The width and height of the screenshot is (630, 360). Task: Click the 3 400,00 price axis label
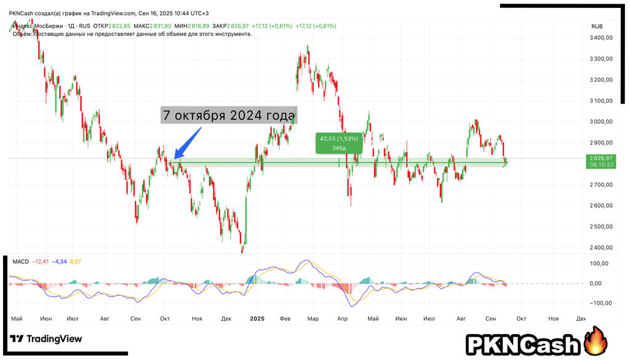pos(600,38)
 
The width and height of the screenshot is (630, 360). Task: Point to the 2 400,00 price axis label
pos(600,247)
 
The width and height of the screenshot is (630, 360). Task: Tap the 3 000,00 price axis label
pos(600,122)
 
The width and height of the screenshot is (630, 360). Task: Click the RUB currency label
pos(597,26)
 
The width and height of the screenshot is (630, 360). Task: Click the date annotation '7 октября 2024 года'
pos(229,116)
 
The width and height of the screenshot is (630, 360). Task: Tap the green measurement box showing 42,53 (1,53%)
pos(338,143)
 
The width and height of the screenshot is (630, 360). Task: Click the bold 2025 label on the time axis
pos(257,318)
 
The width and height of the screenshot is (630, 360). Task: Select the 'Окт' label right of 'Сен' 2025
pos(520,318)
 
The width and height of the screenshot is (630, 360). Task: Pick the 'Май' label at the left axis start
pos(17,318)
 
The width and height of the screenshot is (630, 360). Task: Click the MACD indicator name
pos(20,262)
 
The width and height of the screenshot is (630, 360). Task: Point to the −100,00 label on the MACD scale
pos(598,303)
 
